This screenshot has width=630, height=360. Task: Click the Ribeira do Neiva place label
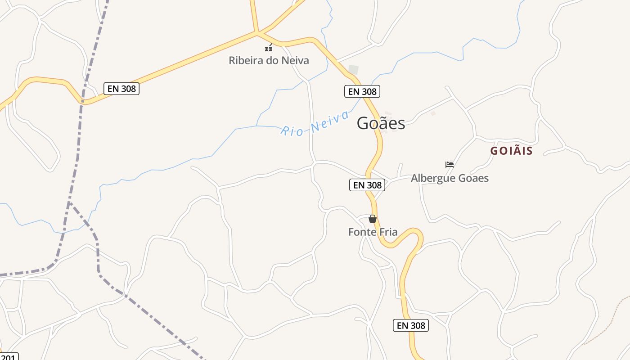point(269,60)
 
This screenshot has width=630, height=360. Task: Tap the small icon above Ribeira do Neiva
point(269,48)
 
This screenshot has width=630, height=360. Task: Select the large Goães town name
point(381,123)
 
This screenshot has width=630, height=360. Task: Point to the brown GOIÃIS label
point(511,151)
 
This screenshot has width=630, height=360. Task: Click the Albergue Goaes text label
point(450,178)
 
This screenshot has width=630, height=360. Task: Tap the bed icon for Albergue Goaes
point(449,165)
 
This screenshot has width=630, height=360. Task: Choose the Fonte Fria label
point(373,232)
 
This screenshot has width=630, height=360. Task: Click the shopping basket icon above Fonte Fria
point(373,219)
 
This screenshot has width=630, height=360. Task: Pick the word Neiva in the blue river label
point(330,121)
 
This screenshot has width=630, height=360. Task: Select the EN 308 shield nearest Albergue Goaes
point(367,185)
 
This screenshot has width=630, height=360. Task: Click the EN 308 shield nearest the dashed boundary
point(121,89)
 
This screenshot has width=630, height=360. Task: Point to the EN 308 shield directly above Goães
point(362,91)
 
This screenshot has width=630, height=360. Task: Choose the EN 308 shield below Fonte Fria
point(410,325)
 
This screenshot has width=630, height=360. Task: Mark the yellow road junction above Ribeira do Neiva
point(257,32)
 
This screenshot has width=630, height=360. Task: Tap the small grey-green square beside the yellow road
point(354,70)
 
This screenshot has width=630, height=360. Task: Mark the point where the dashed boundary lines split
point(70,202)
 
